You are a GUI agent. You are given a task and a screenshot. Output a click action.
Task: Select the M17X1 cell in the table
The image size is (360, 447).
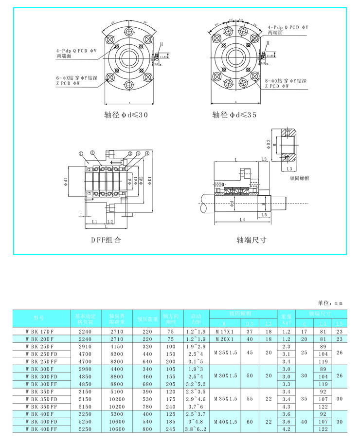point(224,331)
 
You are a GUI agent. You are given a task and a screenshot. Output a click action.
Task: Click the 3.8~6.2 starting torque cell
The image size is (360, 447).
point(197,429)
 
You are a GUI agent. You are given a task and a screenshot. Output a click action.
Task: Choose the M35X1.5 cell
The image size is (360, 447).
point(224,398)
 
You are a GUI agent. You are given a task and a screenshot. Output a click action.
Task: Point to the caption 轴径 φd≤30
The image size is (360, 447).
point(126,115)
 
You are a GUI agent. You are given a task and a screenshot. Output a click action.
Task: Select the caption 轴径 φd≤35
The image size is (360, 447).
point(234,115)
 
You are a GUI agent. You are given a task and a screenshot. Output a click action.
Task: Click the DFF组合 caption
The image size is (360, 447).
point(106,240)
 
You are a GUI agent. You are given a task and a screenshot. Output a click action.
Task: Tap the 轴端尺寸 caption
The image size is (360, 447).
point(252,240)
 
